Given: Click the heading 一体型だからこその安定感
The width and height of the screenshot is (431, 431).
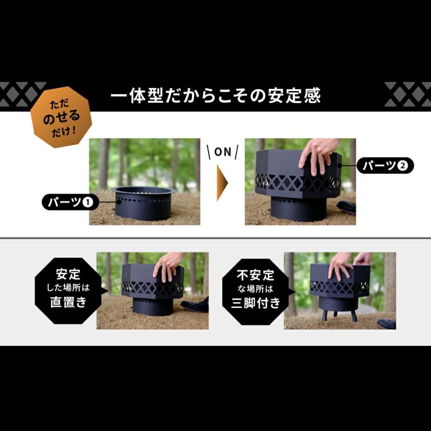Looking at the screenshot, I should coord(215,96).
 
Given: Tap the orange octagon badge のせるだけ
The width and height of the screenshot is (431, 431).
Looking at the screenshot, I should coord(61,117).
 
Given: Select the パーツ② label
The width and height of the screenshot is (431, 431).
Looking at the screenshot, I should coord(385,166).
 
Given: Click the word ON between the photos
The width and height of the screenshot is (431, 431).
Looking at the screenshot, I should coord(223,152).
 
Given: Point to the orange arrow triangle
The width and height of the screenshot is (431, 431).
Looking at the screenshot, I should coord(222,183).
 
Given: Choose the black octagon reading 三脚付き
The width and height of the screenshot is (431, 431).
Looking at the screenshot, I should coord(256,289).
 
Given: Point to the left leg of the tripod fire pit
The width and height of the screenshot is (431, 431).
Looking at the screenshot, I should coord(324,314).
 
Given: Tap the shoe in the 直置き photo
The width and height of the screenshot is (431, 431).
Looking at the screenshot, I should coord(196,306).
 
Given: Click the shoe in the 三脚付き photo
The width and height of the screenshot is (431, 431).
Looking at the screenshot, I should coord(386,324).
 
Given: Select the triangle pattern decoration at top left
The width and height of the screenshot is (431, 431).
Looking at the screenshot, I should coord(22,94).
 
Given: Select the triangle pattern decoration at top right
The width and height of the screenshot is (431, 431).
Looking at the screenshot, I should coord(407,94).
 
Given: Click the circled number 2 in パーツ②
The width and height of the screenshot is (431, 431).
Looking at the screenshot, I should coord(403,166).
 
